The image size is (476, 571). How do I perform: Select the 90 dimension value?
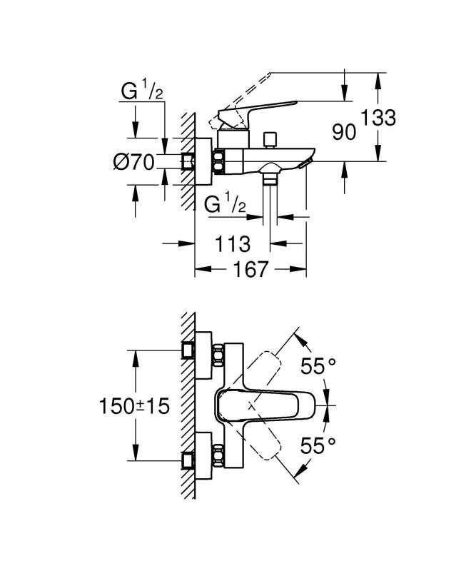344,131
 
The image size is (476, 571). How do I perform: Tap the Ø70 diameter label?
134,163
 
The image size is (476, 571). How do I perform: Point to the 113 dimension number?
233,244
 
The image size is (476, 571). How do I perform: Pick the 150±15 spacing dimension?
134,406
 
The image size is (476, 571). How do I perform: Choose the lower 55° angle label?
318,446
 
